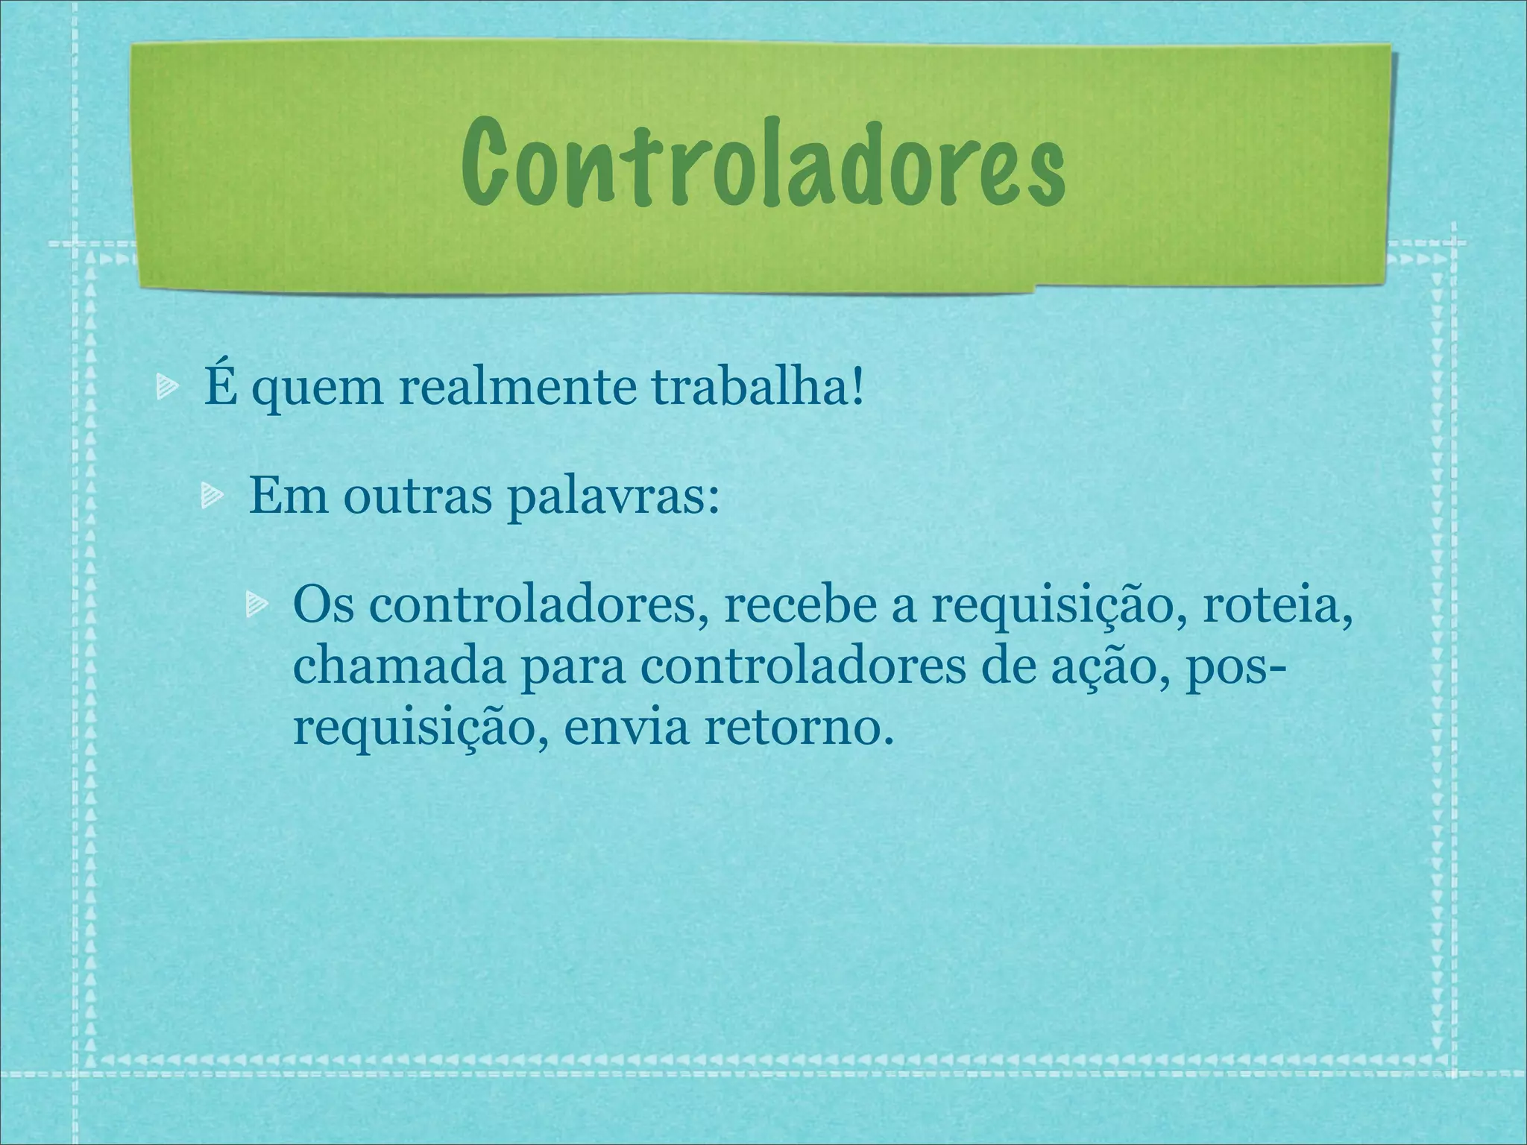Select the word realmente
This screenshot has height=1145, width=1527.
[x=517, y=388]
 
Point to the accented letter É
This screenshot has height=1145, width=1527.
[x=218, y=385]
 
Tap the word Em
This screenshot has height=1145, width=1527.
[x=288, y=494]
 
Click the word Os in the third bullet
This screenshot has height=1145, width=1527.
[x=323, y=606]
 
